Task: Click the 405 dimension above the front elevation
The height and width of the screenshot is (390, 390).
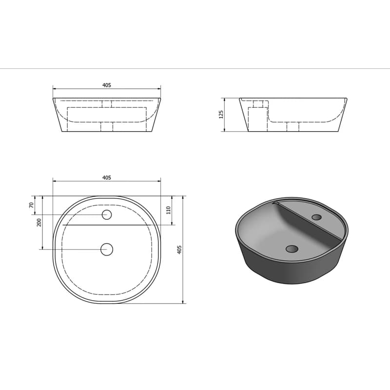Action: (x=107, y=85)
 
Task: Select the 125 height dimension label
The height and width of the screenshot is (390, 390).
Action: (x=221, y=114)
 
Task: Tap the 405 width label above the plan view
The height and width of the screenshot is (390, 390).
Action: (x=107, y=177)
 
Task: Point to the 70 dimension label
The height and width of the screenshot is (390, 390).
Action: (x=31, y=205)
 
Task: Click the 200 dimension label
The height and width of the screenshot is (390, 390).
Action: (x=39, y=222)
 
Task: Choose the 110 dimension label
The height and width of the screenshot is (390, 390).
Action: (x=169, y=210)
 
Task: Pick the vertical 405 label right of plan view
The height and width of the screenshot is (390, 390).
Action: (x=179, y=250)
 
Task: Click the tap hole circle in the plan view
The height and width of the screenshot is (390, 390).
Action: (x=107, y=214)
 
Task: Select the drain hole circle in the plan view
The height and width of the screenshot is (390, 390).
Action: (x=107, y=249)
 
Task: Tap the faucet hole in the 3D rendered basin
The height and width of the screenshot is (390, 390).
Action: (x=316, y=217)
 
